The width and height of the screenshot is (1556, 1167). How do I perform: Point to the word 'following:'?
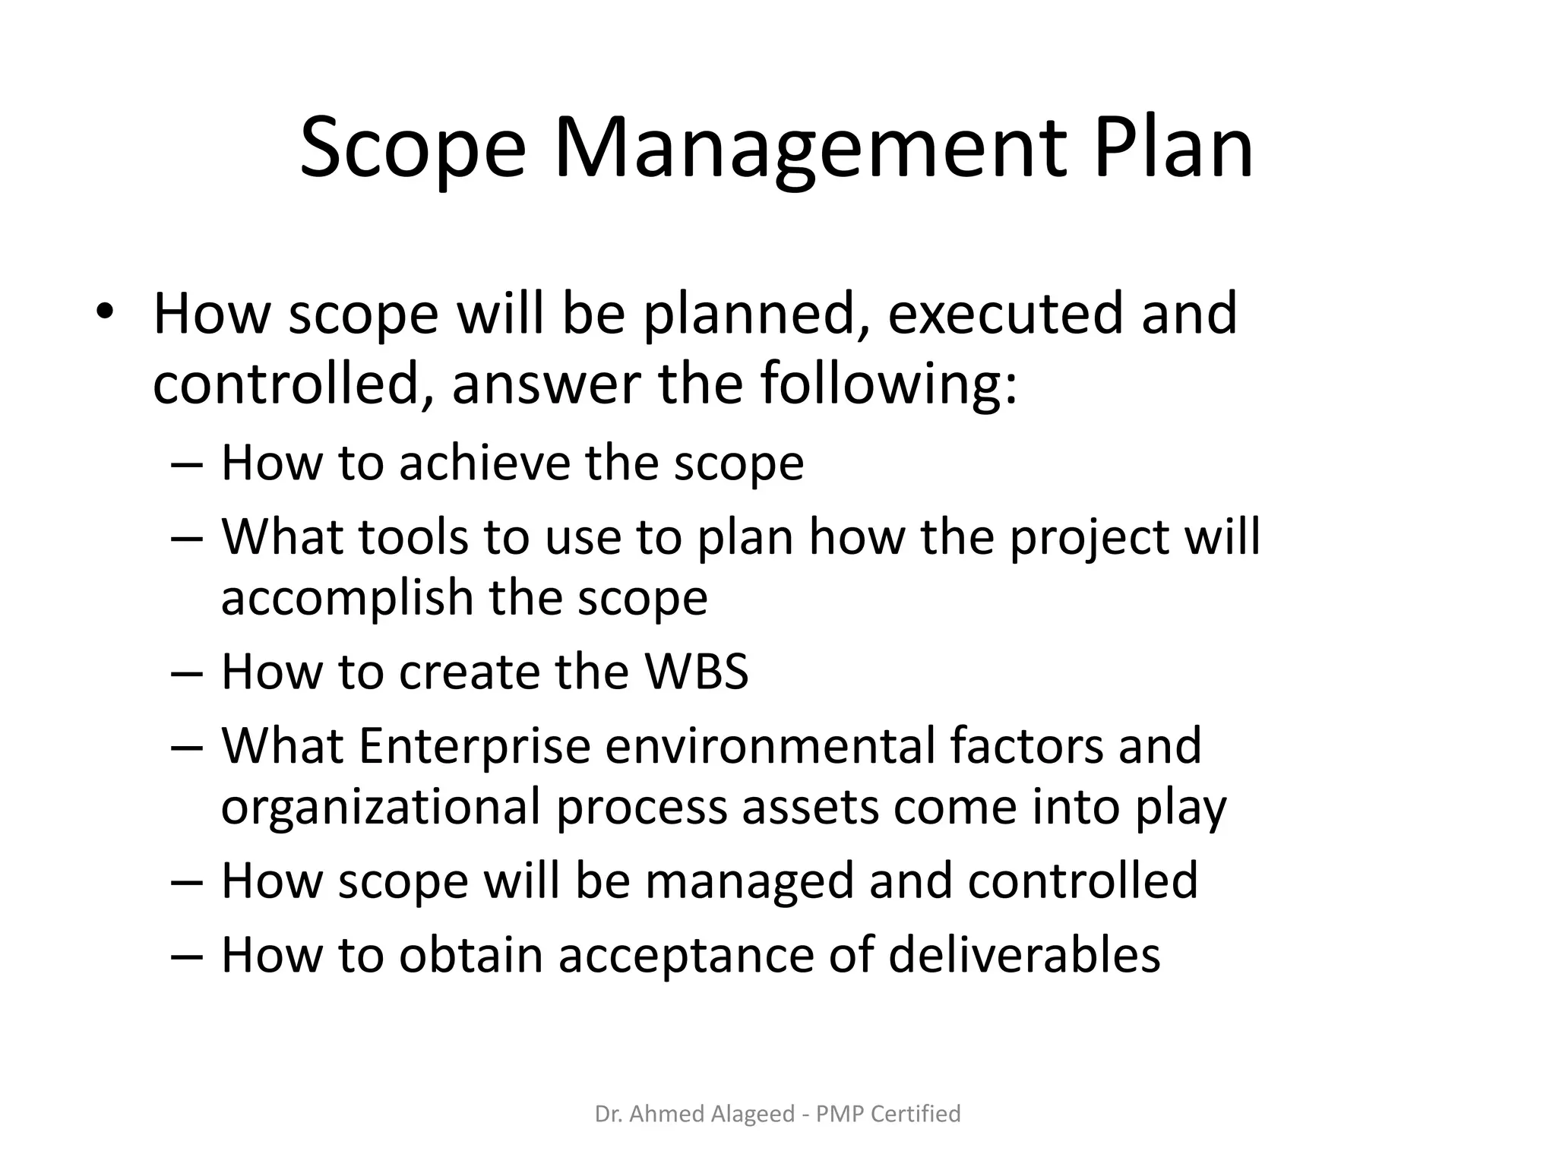pos(889,384)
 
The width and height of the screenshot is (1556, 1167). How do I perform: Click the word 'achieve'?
pos(484,463)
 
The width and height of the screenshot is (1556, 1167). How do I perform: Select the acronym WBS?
pos(696,672)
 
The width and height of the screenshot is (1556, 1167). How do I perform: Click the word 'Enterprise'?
pos(474,745)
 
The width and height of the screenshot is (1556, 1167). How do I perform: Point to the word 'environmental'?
pos(770,745)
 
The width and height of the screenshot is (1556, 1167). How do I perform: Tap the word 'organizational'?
pos(380,806)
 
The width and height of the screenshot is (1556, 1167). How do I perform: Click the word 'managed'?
pos(751,881)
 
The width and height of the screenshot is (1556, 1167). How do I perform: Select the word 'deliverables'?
pos(1024,954)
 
